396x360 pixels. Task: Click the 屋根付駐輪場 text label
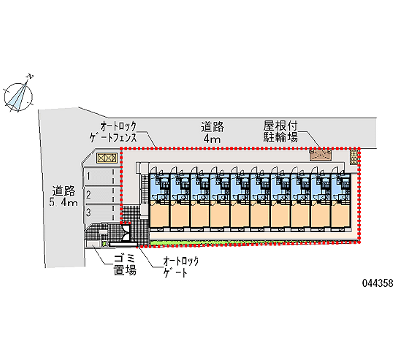click(280, 131)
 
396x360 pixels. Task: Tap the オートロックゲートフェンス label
click(118, 131)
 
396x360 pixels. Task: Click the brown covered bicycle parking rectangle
click(320, 154)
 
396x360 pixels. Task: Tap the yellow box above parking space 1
click(106, 158)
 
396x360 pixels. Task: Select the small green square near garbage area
click(105, 243)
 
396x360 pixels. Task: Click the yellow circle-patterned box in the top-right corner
click(354, 157)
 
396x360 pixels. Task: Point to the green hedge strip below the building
click(252, 242)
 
